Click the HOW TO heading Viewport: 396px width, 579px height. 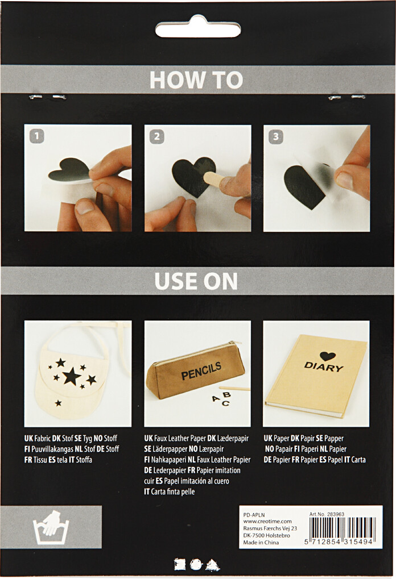(x=196, y=80)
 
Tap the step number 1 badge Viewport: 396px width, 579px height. (x=36, y=136)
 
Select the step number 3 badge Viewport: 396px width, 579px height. (x=275, y=136)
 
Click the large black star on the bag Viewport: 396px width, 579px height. (x=71, y=376)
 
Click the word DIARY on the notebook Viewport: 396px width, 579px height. (x=324, y=367)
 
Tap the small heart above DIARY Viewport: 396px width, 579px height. (x=327, y=356)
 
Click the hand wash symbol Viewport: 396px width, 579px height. (x=51, y=527)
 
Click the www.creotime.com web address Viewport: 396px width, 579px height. (x=267, y=521)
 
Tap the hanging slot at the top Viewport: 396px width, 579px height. (x=197, y=29)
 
